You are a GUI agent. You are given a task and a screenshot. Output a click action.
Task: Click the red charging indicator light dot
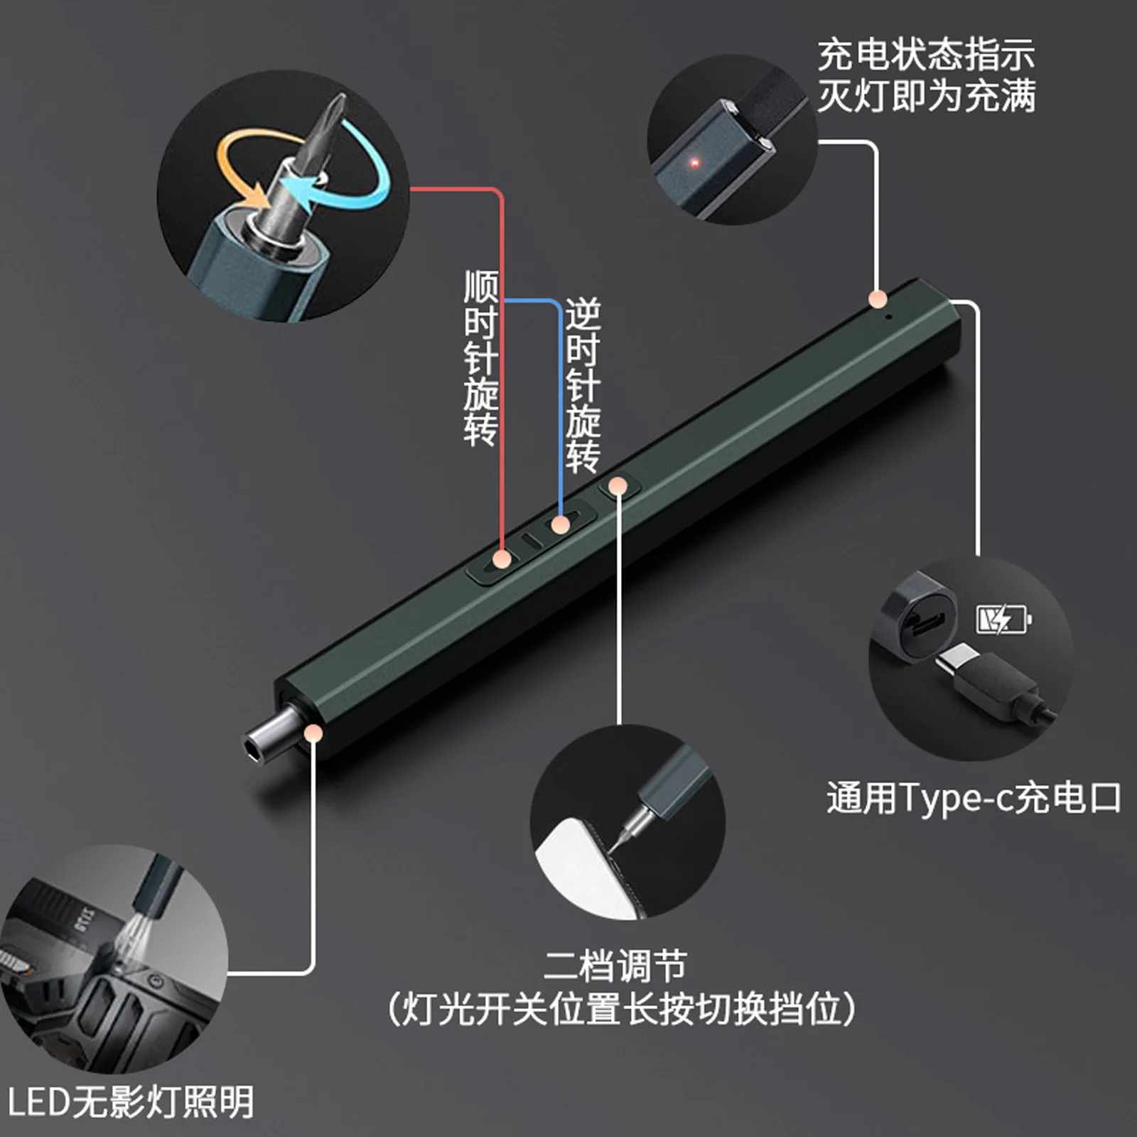[696, 163]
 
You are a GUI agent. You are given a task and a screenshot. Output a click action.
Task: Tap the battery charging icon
[1003, 619]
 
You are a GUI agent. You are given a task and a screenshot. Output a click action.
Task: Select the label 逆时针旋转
[583, 386]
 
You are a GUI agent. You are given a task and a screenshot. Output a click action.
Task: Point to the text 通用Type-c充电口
[973, 798]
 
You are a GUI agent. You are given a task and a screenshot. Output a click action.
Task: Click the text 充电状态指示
[925, 55]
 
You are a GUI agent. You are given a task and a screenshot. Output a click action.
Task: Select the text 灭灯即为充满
[925, 96]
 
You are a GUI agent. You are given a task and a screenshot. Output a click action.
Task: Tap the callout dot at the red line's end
[502, 559]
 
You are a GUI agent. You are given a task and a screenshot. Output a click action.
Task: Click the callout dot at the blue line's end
[561, 525]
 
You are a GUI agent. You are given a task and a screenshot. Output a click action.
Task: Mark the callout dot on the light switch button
[619, 486]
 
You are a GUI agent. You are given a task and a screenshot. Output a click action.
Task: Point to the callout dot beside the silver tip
[313, 733]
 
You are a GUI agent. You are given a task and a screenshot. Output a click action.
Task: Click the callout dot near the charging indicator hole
[878, 298]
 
